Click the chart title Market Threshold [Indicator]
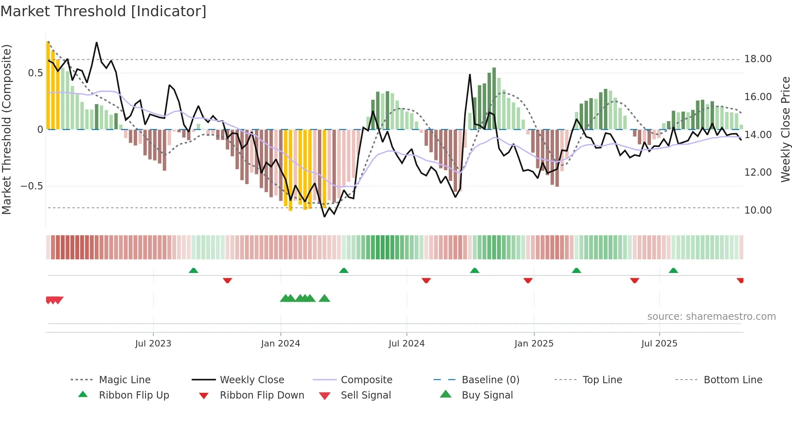pyautogui.click(x=103, y=11)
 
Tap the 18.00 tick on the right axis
pyautogui.click(x=758, y=59)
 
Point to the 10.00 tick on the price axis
pyautogui.click(x=758, y=210)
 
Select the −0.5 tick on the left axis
pyautogui.click(x=32, y=186)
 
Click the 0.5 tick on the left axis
pyautogui.click(x=35, y=73)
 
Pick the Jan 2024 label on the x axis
pyautogui.click(x=280, y=344)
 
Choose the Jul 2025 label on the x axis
pyautogui.click(x=659, y=344)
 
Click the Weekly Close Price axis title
pyautogui.click(x=785, y=129)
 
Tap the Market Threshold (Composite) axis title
pyautogui.click(x=6, y=129)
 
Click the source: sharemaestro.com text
pyautogui.click(x=711, y=317)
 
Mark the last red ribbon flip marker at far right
pyautogui.click(x=740, y=280)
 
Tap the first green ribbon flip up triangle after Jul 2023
pyautogui.click(x=194, y=271)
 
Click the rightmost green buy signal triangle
pyautogui.click(x=324, y=298)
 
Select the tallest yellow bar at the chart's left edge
pyautogui.click(x=48, y=85)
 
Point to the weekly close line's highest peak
pyautogui.click(x=97, y=42)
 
